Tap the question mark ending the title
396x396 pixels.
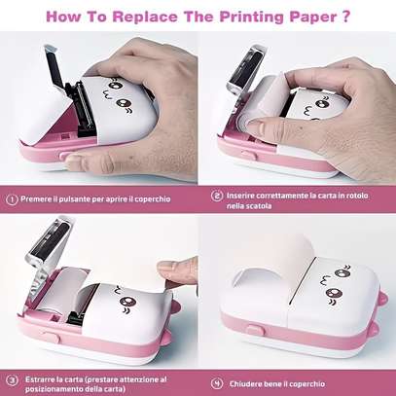[346, 17]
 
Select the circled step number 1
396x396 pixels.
[12, 199]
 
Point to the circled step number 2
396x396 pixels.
[217, 196]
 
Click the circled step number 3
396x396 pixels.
[12, 380]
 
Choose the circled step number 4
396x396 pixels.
[217, 383]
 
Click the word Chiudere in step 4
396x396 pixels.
[245, 384]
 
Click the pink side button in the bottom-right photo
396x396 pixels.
[256, 331]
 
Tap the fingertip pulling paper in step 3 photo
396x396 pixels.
[175, 270]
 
